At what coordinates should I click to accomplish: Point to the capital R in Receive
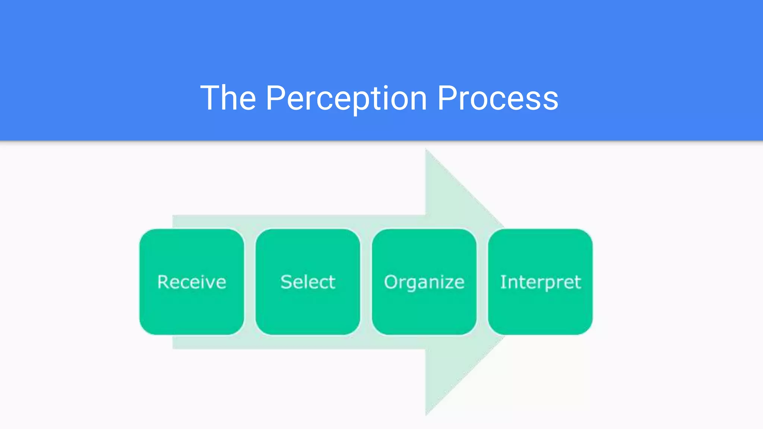tap(163, 282)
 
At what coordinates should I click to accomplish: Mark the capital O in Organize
tap(390, 282)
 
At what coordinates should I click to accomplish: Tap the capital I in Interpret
tap(503, 282)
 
